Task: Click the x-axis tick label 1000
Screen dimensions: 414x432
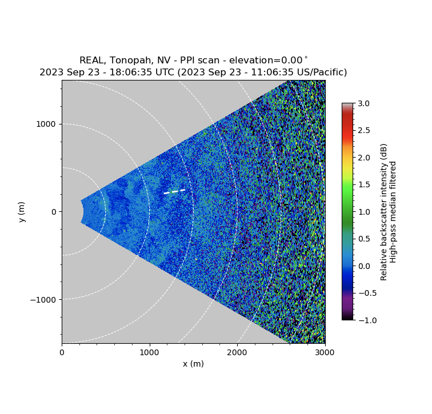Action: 150,352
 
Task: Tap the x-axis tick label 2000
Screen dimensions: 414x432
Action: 237,352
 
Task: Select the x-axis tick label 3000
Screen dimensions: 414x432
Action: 325,352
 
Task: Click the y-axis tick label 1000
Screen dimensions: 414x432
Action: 48,124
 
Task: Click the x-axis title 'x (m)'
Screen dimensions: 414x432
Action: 193,364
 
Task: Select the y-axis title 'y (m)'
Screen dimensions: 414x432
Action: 22,211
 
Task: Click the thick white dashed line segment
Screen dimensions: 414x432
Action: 175,191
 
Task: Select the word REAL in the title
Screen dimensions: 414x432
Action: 91,60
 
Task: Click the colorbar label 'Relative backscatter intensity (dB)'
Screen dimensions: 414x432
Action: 384,211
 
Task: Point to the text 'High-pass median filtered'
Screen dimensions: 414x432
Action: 394,211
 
